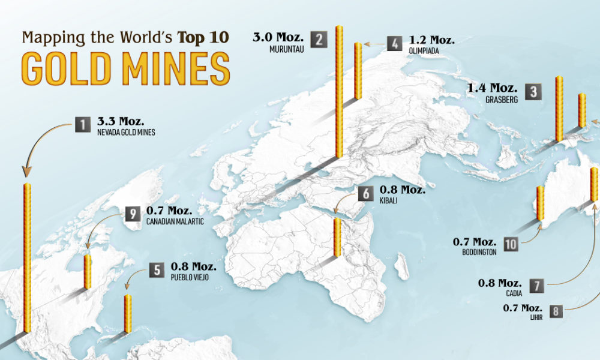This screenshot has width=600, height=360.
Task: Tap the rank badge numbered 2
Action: click(x=320, y=41)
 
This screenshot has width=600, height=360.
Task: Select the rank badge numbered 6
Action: click(x=365, y=194)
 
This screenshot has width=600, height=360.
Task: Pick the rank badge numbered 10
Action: click(x=511, y=243)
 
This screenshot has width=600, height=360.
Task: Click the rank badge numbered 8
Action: click(x=557, y=311)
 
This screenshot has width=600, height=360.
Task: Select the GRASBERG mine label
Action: click(x=500, y=100)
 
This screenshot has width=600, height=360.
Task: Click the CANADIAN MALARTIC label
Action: click(x=175, y=222)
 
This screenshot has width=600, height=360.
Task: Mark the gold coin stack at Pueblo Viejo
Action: click(x=127, y=313)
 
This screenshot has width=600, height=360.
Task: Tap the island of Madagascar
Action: click(x=402, y=266)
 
